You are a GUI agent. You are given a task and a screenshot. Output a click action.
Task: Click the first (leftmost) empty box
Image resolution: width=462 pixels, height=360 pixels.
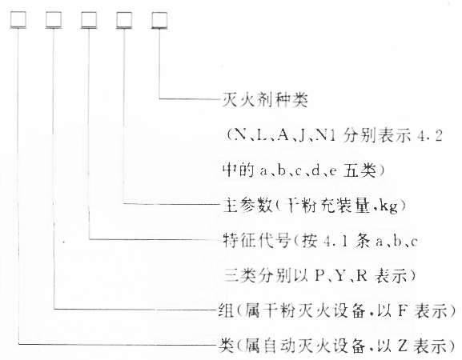click(18, 20)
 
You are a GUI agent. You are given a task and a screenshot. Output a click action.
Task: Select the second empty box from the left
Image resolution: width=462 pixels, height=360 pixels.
click(54, 20)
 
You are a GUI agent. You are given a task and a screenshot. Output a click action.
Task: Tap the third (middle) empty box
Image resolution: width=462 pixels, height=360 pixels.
click(89, 20)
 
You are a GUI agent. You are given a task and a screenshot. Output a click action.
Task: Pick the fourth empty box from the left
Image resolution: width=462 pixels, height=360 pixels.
click(124, 20)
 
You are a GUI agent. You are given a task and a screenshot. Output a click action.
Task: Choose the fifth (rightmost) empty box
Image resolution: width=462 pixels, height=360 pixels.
click(159, 20)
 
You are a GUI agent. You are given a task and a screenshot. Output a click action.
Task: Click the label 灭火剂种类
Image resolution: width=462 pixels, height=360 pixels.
click(264, 100)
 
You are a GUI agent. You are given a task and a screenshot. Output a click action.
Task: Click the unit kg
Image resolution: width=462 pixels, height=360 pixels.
click(388, 206)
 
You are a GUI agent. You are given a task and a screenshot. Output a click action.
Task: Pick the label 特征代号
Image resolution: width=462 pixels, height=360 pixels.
click(255, 241)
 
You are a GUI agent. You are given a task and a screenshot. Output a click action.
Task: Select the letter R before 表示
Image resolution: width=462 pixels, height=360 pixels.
click(362, 276)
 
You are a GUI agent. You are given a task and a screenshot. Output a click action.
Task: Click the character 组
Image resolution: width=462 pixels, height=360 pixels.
click(227, 310)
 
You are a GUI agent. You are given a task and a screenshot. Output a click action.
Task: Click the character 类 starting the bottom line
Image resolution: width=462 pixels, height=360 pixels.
click(227, 346)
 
